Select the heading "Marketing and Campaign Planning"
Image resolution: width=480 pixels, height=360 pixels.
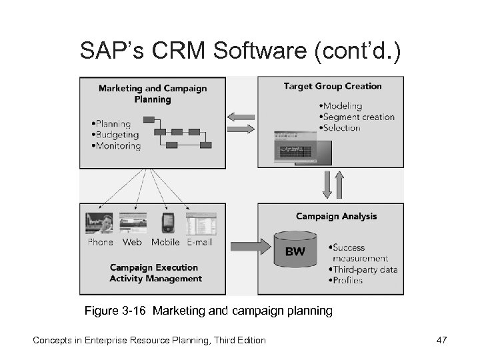point(153,93)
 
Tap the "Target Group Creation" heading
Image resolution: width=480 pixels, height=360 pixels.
point(332,86)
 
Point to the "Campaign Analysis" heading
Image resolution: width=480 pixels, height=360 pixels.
point(336,216)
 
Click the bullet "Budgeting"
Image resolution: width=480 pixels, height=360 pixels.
point(117,135)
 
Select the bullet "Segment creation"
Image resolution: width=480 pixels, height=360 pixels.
point(357,117)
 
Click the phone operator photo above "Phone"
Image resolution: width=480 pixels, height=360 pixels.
point(99,223)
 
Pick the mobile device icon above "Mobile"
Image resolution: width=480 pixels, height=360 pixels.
point(167,223)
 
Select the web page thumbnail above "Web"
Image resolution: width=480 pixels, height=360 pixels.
point(133,223)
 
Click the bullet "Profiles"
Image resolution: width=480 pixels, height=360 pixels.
point(346,281)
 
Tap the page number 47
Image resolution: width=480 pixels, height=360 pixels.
point(441,341)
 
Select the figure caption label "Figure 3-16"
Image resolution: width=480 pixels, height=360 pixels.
point(111,311)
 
